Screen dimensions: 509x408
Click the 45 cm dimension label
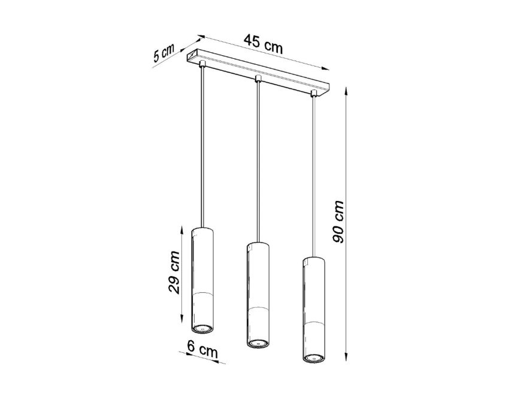point(263,44)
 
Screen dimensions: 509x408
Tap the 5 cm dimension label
point(163,52)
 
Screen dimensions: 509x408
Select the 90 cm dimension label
point(338,221)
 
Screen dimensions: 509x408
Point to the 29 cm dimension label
point(174,272)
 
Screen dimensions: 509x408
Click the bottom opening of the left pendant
point(202,329)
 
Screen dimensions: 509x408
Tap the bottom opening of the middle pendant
point(258,344)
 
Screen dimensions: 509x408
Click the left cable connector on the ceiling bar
point(202,63)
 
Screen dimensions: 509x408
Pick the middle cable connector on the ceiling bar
point(258,79)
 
